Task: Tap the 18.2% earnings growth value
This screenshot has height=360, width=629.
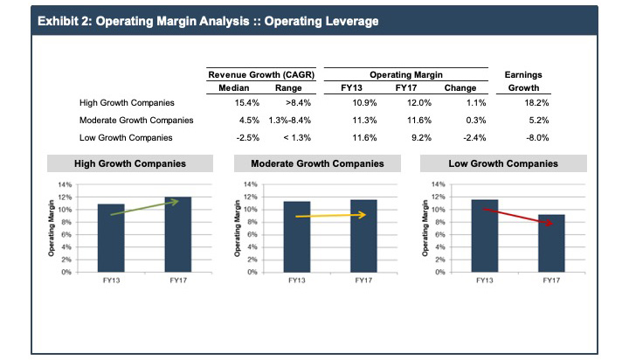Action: coord(523,102)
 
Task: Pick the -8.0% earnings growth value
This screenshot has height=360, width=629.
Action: coord(524,137)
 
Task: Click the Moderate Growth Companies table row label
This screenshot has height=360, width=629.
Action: coord(135,120)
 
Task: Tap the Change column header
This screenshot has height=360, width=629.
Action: coord(460,87)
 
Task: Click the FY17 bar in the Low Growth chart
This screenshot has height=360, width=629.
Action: coord(551,244)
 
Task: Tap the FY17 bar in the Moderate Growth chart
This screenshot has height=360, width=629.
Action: coord(364,236)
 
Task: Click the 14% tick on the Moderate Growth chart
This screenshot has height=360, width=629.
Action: coord(252,185)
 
